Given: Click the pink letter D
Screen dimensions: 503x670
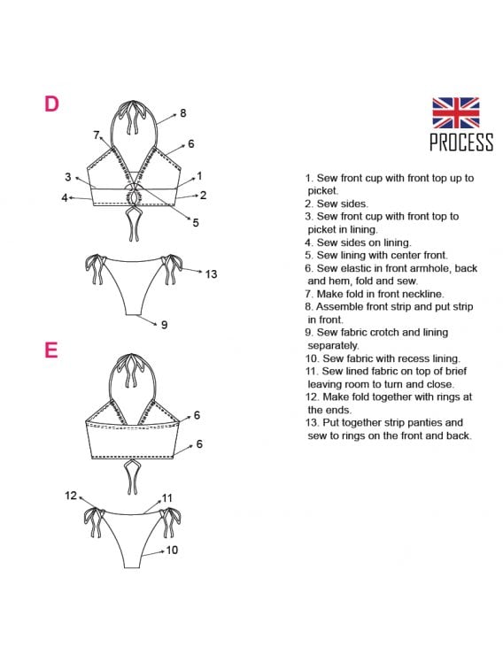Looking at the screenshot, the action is (51, 104).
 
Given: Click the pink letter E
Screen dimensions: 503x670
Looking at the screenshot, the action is (51, 350).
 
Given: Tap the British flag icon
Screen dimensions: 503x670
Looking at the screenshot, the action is (455, 112).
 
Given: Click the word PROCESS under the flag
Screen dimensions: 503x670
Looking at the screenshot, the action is (461, 142).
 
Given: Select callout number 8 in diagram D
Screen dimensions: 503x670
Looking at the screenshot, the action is (183, 113).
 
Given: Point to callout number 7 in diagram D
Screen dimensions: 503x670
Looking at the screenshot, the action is (97, 135).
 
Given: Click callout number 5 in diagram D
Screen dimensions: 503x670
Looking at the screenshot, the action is (196, 223).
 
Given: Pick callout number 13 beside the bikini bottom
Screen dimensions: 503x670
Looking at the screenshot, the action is (211, 273).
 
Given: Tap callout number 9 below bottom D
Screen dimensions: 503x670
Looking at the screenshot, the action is (164, 325).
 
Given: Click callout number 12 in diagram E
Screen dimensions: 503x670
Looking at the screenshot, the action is (71, 496).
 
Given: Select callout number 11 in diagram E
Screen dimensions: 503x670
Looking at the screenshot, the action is (167, 498).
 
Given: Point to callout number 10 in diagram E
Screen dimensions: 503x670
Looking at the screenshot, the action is (172, 550).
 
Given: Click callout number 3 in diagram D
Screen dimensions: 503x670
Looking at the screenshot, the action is (68, 177).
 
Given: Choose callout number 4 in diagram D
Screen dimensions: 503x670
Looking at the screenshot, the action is (65, 198).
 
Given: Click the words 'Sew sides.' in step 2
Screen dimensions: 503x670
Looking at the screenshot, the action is (342, 204).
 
